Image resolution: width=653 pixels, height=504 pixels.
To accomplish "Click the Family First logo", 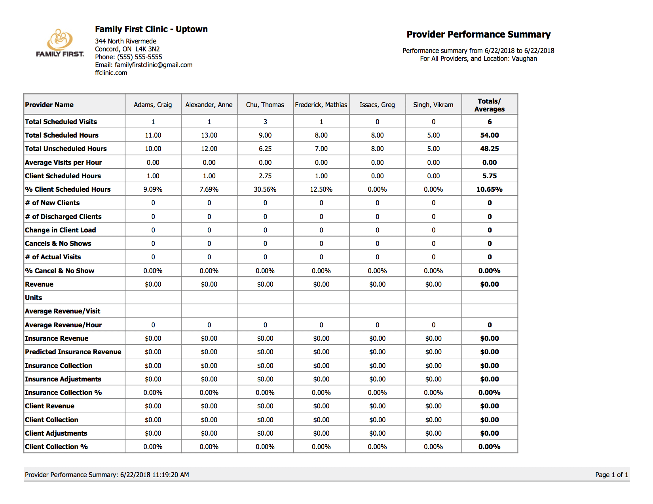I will (60, 43).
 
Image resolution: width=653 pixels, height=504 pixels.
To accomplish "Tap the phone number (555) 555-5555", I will (139, 57).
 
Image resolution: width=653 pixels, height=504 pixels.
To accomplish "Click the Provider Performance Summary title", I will (478, 34).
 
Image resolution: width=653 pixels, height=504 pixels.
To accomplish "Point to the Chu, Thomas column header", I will (265, 105).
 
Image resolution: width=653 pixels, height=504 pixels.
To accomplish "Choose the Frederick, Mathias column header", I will (321, 105).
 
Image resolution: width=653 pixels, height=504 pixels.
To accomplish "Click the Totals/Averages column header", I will (489, 105).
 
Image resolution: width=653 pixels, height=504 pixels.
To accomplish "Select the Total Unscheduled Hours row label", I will (66, 149).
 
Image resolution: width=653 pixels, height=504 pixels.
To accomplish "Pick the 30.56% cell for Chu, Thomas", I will (265, 189).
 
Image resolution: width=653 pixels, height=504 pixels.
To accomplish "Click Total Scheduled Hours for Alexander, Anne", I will (209, 135).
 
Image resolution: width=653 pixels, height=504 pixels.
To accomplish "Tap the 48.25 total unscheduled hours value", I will (489, 149).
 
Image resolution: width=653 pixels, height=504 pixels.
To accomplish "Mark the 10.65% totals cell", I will (489, 189).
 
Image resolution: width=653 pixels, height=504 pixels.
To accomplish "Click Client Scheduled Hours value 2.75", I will (265, 176).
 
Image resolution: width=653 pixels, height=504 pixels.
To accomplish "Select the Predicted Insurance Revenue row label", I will (73, 352).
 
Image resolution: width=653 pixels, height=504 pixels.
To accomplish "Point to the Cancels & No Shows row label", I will (58, 244).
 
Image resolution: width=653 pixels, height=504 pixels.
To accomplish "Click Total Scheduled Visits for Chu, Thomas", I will (265, 122).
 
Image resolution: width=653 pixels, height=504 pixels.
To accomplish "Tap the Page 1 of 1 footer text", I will (611, 475).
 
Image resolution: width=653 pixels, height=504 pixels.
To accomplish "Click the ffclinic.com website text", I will (111, 73).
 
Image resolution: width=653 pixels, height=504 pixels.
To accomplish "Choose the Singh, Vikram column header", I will (433, 105).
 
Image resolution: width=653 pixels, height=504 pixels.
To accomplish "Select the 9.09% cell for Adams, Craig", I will (153, 189).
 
